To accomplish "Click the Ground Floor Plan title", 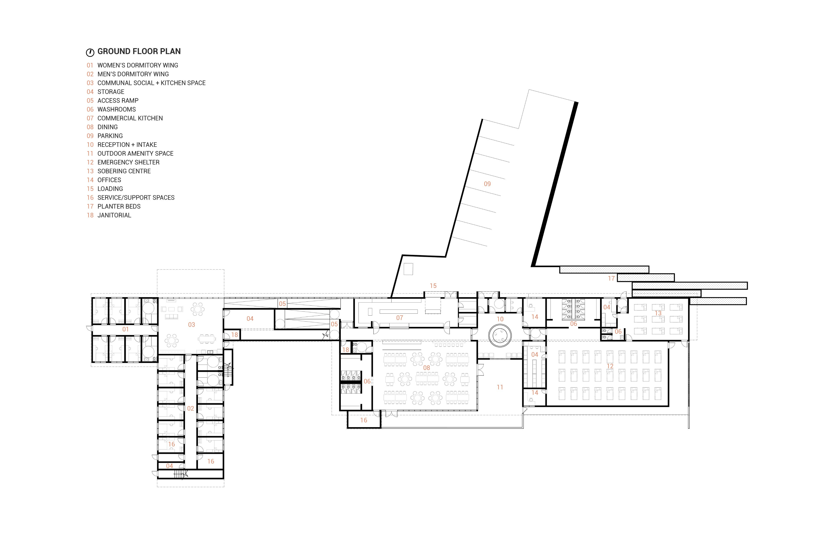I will click(139, 51).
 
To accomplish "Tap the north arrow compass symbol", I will click(90, 52).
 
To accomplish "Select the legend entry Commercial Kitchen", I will click(130, 118).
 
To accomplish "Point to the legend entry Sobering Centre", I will click(124, 171).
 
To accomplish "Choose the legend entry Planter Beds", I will click(119, 206).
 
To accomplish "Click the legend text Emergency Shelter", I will click(128, 162).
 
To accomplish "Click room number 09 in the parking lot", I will click(487, 184).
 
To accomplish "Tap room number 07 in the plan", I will click(399, 318).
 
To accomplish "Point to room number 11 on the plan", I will click(500, 387).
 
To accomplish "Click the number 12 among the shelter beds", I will click(610, 366).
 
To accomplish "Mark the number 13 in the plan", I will click(658, 313).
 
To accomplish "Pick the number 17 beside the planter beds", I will click(611, 279).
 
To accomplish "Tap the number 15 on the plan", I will click(433, 286).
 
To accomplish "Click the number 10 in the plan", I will click(500, 319).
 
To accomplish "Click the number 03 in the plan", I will click(191, 325).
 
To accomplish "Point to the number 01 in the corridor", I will click(125, 329).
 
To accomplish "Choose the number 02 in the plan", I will click(190, 408).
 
